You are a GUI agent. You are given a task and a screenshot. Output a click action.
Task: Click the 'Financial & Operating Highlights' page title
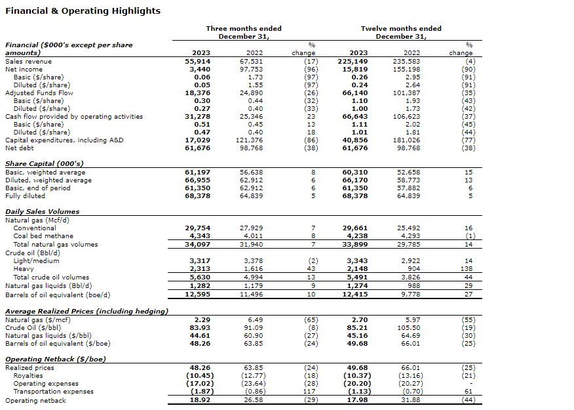[x=83, y=11]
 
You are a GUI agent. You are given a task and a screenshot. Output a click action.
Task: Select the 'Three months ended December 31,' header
[x=244, y=32]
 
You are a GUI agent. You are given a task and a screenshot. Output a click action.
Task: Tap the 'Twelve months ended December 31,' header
[x=401, y=32]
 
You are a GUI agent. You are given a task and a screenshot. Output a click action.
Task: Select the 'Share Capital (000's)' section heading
[x=44, y=163]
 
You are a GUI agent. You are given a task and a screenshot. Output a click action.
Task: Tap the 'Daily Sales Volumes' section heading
[x=42, y=211]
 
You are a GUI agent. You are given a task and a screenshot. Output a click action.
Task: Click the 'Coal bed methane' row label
[x=43, y=236]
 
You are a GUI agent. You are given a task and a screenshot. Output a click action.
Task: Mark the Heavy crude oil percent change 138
[x=468, y=269]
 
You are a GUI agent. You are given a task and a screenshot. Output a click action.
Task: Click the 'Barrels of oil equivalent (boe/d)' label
[x=58, y=295]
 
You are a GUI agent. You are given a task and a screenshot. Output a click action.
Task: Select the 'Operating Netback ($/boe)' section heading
[x=55, y=359]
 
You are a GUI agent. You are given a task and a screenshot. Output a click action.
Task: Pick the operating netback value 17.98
[x=357, y=400]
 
